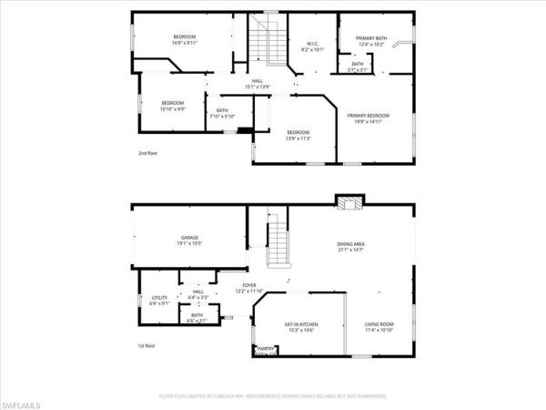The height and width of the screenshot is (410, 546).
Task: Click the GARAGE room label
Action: [x=189, y=238]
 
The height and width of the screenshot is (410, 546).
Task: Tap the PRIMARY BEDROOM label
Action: [x=369, y=116]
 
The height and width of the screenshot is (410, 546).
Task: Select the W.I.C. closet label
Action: [x=311, y=44]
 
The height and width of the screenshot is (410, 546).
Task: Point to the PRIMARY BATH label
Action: [x=371, y=37]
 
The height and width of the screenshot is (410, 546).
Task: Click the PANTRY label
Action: [x=266, y=348]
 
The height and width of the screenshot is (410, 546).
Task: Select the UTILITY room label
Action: [x=160, y=299]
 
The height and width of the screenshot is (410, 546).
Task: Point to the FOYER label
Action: [x=248, y=286]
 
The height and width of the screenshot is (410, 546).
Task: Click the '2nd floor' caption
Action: [x=148, y=153]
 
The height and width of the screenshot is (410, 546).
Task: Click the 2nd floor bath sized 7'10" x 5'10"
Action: [x=223, y=113]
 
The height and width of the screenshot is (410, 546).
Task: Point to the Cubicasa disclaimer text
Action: [x=273, y=396]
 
